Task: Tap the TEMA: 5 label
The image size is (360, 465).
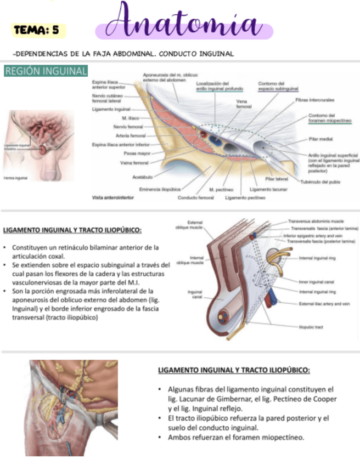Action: coord(38,31)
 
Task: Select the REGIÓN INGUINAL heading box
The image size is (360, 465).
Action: coord(46,71)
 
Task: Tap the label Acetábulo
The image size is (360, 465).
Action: coord(142,177)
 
